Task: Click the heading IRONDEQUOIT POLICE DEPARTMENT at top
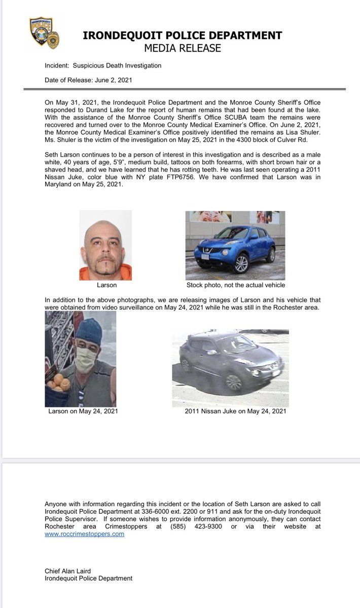pos(183,36)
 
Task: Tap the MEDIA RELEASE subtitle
pos(183,48)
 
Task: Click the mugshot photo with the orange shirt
pos(105,245)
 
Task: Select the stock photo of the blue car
pos(235,245)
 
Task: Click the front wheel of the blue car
pos(241,264)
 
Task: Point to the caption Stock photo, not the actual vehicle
pos(235,285)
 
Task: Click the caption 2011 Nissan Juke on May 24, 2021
pos(236,411)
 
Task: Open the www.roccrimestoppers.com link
pos(84,534)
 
